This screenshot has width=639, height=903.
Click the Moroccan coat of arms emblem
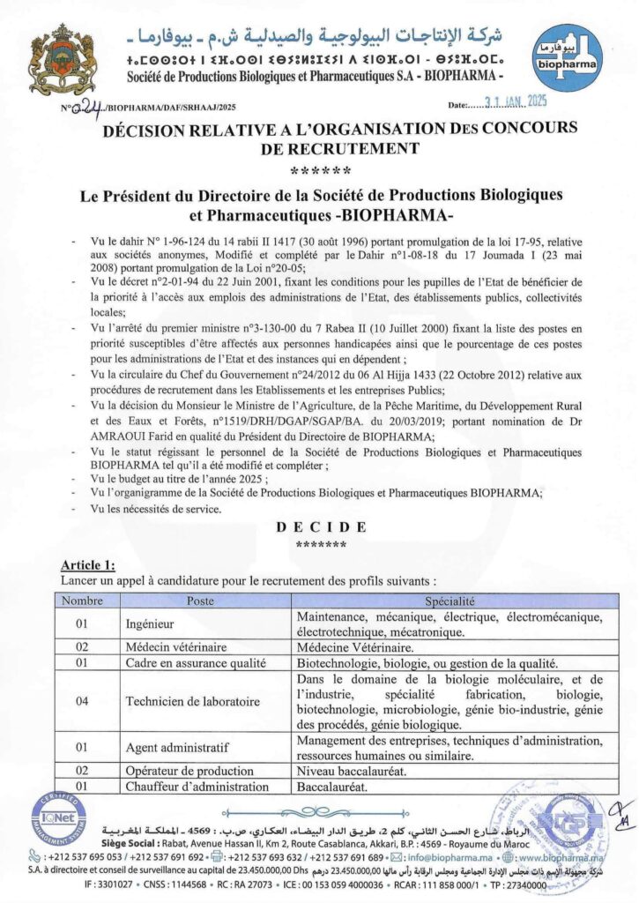click(x=62, y=61)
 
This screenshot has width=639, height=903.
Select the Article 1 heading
click(x=88, y=564)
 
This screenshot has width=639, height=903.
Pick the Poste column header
click(x=200, y=600)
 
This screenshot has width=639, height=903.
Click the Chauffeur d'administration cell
click(x=197, y=787)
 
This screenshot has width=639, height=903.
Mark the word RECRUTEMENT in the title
click(x=317, y=148)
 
